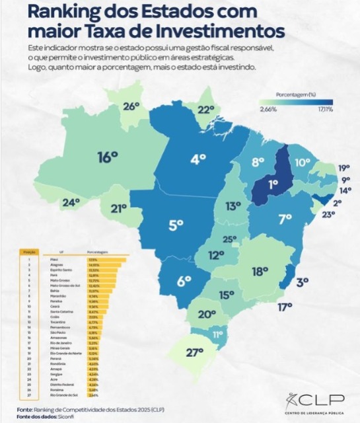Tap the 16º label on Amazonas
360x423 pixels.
pyautogui.click(x=107, y=157)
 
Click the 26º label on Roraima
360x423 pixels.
pyautogui.click(x=131, y=106)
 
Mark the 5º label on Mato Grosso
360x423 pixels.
pyautogui.click(x=175, y=225)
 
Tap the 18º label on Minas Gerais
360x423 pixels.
pyautogui.click(x=260, y=270)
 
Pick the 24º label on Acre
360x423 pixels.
pyautogui.click(x=71, y=202)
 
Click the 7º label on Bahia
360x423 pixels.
pyautogui.click(x=285, y=219)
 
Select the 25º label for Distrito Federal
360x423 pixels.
pyautogui.click(x=229, y=239)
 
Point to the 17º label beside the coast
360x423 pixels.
pyautogui.click(x=285, y=307)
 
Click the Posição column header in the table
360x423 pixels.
pyautogui.click(x=28, y=252)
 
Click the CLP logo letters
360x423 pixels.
pyautogui.click(x=323, y=401)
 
